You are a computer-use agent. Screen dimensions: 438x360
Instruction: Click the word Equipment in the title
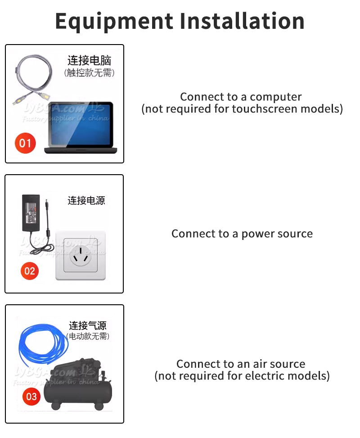tap(114, 21)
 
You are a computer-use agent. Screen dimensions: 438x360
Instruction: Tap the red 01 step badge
tap(25, 143)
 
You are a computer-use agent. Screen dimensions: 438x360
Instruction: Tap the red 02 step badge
tap(30, 271)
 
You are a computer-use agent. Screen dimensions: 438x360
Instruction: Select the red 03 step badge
tap(31, 397)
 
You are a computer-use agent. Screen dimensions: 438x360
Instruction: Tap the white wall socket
tap(80, 255)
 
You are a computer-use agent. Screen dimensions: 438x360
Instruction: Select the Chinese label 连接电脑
tap(89, 60)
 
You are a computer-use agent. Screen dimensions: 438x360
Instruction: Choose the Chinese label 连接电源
tap(86, 200)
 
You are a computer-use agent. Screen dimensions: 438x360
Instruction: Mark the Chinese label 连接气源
tap(88, 325)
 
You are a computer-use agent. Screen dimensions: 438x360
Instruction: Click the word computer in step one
tap(275, 97)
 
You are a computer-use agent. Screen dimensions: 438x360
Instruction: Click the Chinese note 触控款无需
tap(89, 72)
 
